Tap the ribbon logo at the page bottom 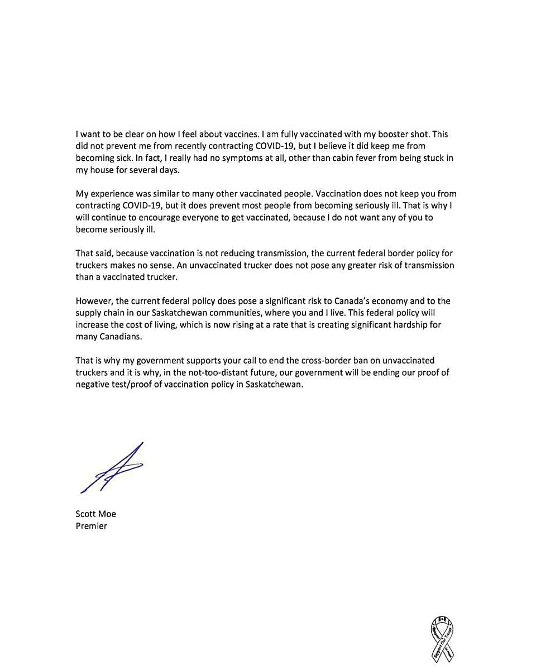pyautogui.click(x=442, y=639)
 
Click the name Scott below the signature pyautogui.click(x=86, y=514)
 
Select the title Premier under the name pyautogui.click(x=91, y=526)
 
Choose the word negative pyautogui.click(x=93, y=384)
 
